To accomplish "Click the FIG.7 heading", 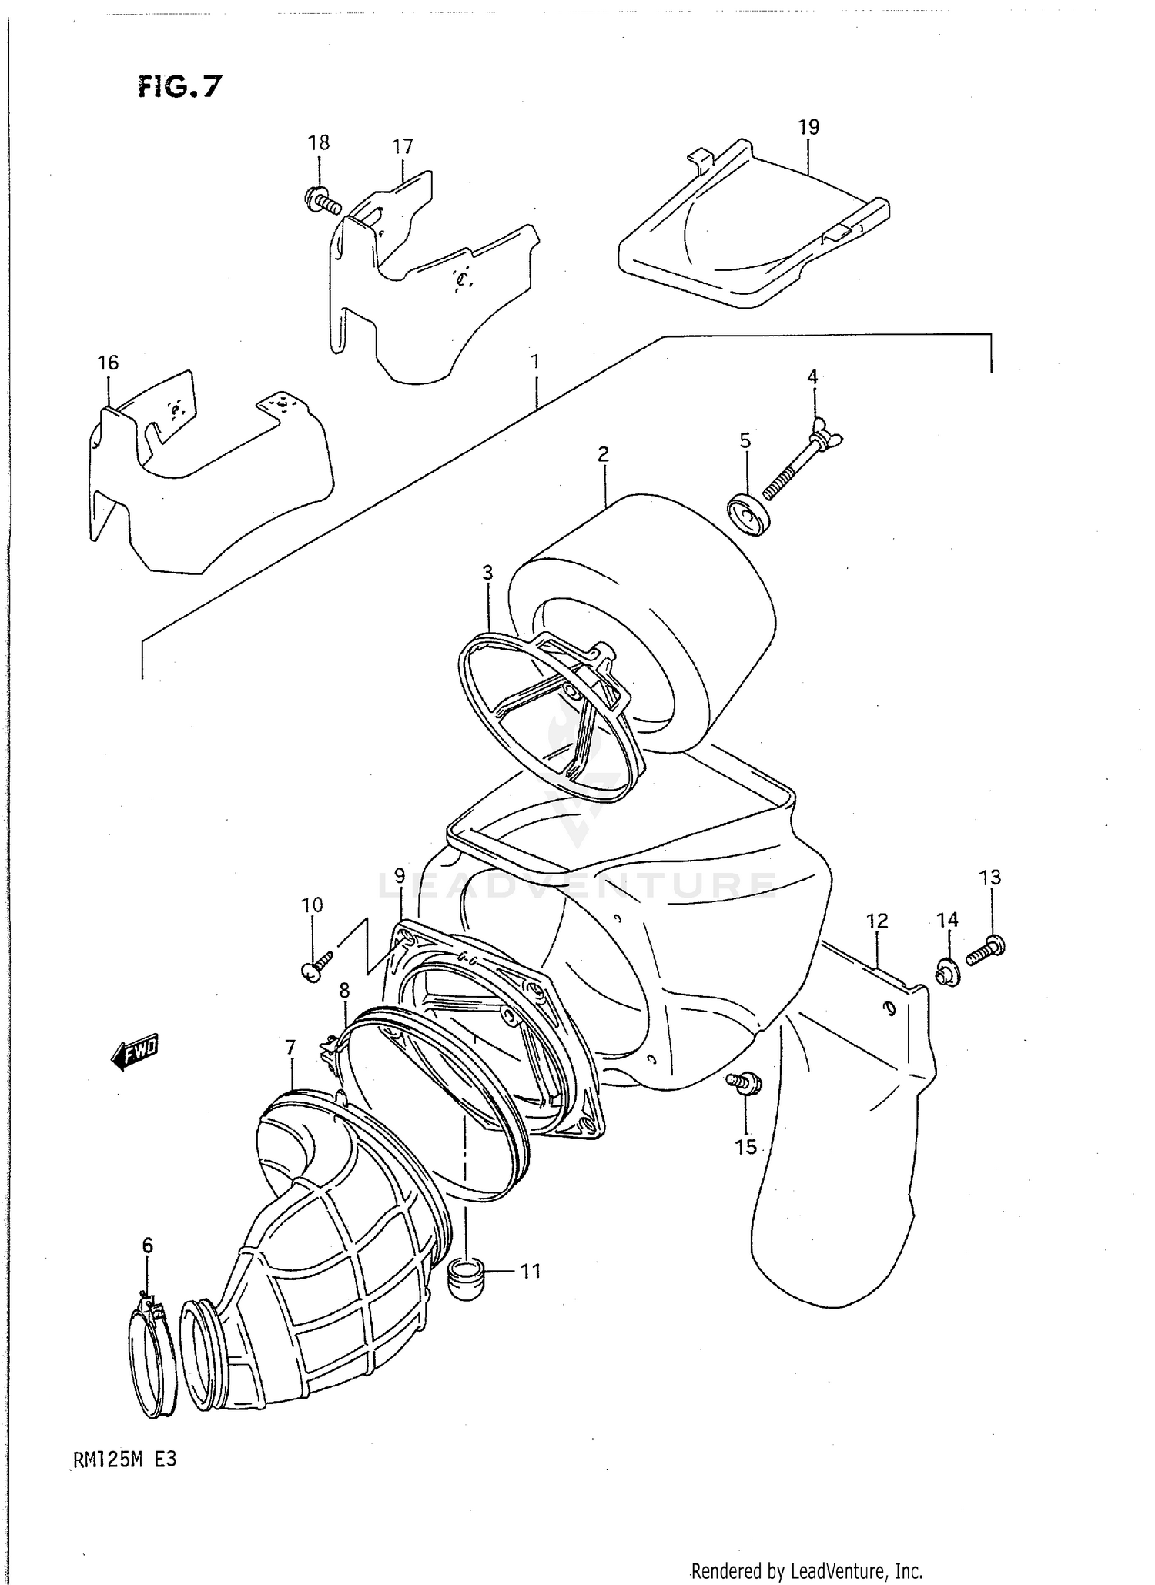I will (179, 87).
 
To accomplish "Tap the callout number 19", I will (808, 127).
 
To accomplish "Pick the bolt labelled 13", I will (986, 950).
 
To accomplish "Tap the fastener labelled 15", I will (745, 1085).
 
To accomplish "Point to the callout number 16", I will (109, 363).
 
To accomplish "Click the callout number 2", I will (603, 454).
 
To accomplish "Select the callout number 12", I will (877, 921).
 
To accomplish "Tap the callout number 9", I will (399, 875).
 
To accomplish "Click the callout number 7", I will (290, 1048).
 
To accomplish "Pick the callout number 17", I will (403, 146).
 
